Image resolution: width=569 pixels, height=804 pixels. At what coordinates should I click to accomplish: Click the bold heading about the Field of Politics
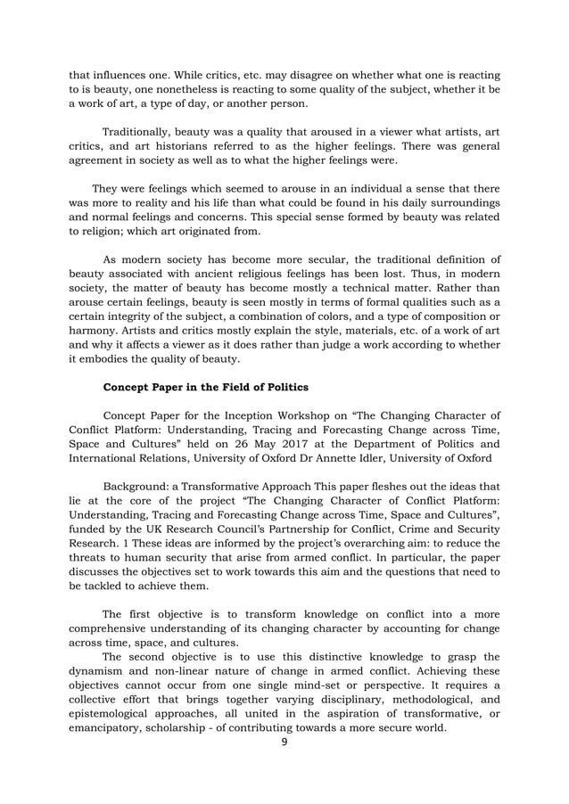tap(206, 387)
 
